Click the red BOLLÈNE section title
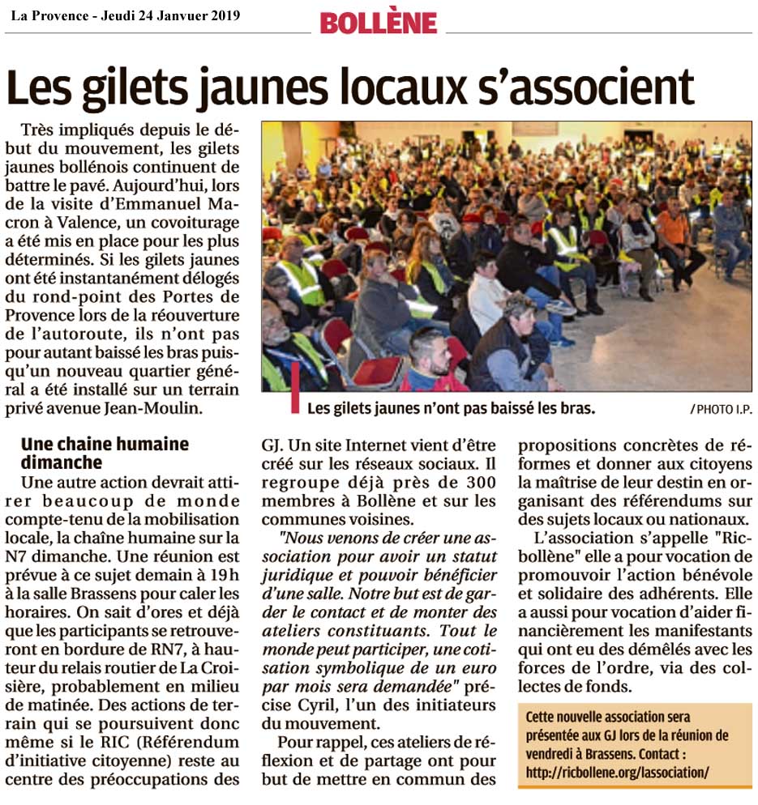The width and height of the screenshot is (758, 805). pyautogui.click(x=378, y=22)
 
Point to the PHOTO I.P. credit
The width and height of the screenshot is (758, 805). pyautogui.click(x=720, y=410)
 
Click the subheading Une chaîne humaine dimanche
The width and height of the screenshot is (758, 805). pyautogui.click(x=105, y=454)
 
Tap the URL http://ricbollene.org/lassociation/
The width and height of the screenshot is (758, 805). pyautogui.click(x=618, y=772)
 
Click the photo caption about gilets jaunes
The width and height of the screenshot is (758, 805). pyautogui.click(x=452, y=408)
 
